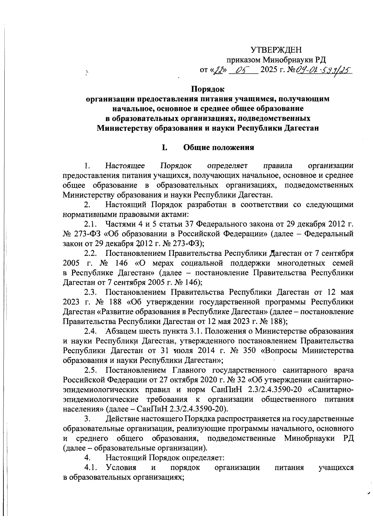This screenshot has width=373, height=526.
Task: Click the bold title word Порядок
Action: pyautogui.click(x=208, y=90)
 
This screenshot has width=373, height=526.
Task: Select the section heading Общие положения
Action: pyautogui.click(x=219, y=148)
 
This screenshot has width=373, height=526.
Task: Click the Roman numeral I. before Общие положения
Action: pyautogui.click(x=164, y=148)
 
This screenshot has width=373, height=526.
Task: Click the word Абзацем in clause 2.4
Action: pyautogui.click(x=121, y=331)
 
